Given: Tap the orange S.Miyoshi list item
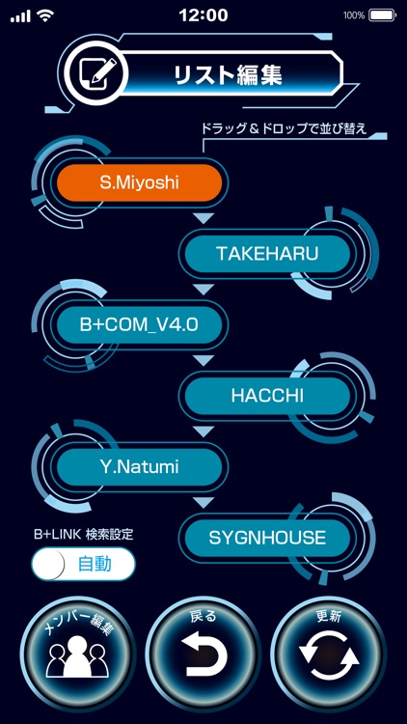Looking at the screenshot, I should (140, 181).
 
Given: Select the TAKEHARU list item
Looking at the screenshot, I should (267, 253).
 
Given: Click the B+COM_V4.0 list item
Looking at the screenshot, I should (140, 324).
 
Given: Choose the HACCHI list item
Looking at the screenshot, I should (267, 396).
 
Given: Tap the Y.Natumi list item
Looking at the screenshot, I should (140, 467).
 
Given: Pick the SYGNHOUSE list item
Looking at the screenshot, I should (267, 538).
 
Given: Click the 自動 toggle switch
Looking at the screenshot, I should (83, 565).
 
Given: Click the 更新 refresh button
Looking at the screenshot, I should (329, 652).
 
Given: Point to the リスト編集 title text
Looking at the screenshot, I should (228, 75).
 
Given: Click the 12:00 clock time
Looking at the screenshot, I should (203, 15).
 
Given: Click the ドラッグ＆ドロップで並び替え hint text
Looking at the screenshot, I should (282, 129).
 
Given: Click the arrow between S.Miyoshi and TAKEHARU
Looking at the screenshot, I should (203, 218).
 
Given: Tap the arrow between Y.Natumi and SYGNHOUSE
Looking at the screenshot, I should (203, 503).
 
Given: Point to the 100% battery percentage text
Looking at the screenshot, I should (354, 15).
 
